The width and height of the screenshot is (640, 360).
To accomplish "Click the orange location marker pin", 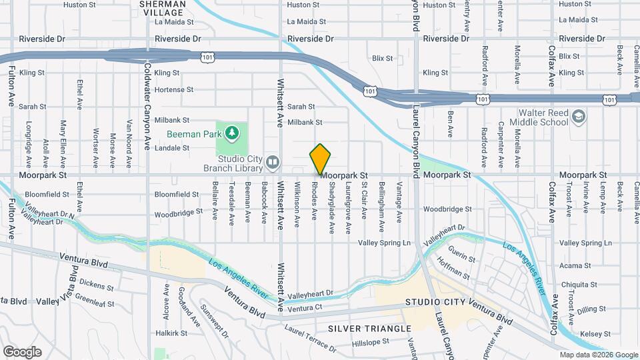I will click(x=320, y=159).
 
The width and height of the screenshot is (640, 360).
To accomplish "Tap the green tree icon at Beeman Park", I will click(x=232, y=133).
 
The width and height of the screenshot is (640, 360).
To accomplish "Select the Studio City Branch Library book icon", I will click(x=272, y=162).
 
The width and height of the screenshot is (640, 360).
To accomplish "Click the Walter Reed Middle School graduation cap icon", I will click(x=579, y=117).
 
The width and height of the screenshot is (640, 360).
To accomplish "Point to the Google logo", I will click(x=22, y=351).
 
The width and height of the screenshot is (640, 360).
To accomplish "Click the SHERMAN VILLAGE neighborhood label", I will click(x=162, y=8).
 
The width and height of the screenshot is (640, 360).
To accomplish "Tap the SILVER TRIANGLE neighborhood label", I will click(x=369, y=329).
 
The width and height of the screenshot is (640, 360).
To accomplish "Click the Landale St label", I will click(x=172, y=147).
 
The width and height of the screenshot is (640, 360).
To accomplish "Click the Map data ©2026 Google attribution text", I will click(x=598, y=355).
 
